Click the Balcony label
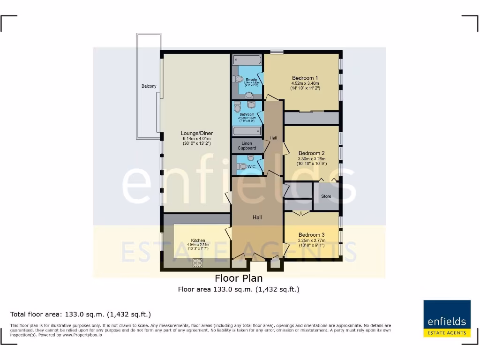point(149,86)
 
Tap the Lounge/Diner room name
point(197,133)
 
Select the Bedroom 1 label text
point(305,78)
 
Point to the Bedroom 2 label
point(312,153)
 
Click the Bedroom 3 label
point(311,235)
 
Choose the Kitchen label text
point(198,240)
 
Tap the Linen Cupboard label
point(247,146)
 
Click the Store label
point(326,196)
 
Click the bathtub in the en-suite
point(247,60)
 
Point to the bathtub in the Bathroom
point(247,131)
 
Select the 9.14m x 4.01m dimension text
point(197,139)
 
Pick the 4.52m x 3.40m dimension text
point(305,84)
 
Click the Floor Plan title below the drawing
point(239,278)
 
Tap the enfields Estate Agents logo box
point(447,318)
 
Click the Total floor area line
point(81,314)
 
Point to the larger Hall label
point(257,217)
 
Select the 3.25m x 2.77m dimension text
point(311,241)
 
